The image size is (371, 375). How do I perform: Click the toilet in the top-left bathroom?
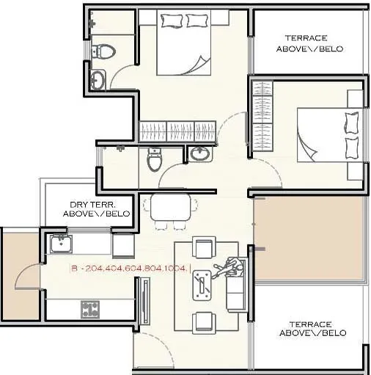coord(107,51)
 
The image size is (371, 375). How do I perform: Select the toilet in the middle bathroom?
coord(154,159)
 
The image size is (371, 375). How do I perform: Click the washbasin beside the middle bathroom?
coord(199,153)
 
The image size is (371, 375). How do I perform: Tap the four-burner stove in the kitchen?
coord(91,309)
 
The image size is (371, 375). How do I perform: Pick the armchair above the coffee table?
coord(203,247)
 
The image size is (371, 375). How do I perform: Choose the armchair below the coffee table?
coord(203,321)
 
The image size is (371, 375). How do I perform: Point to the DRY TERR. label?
coord(100,209)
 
